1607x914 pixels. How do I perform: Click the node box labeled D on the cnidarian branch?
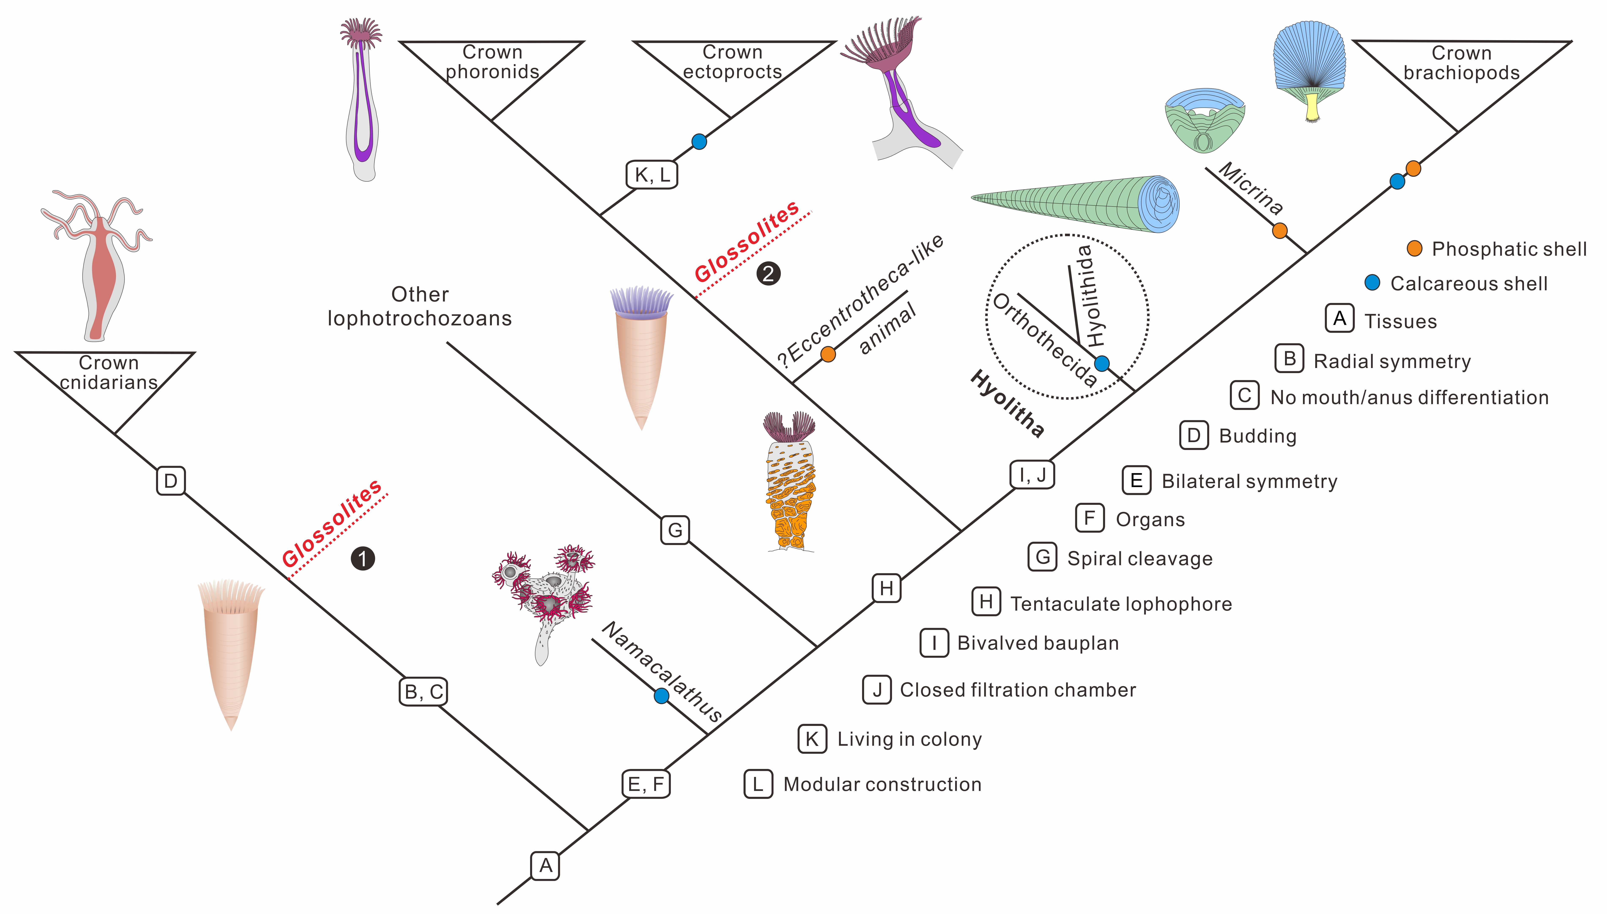170,481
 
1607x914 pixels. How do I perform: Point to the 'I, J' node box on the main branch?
1032,475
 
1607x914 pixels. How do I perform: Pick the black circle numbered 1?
362,559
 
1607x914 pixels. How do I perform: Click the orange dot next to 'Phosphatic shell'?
1414,249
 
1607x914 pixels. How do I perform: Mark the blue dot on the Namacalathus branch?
661,695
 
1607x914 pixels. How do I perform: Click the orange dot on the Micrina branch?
1280,231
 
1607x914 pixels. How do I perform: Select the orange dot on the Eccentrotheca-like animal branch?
828,354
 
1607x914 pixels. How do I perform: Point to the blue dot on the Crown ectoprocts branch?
699,141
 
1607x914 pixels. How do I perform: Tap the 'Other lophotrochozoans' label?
419,306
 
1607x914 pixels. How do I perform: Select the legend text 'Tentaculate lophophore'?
1121,604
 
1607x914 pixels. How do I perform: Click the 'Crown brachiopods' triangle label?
1461,63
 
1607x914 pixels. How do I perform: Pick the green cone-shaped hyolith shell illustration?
1075,203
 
